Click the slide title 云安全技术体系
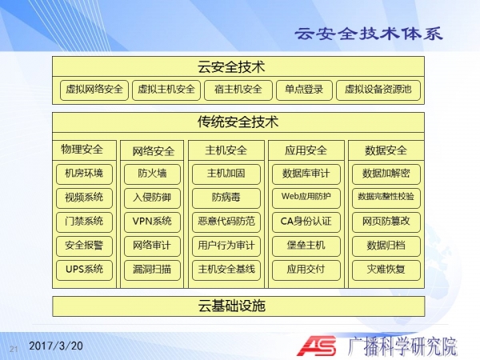click(369, 34)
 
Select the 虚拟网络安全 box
click(94, 90)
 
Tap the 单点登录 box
click(304, 90)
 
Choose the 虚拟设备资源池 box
click(378, 90)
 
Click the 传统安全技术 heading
click(238, 122)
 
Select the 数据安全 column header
click(386, 150)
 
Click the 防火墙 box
click(152, 174)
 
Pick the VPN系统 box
click(152, 222)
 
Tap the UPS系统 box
click(84, 270)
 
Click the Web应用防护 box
click(306, 198)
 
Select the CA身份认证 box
click(306, 222)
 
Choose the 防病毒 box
click(226, 198)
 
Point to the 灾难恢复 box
click(386, 270)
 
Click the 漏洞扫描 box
click(152, 270)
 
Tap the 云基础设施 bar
click(238, 306)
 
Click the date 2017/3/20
click(56, 346)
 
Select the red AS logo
click(317, 346)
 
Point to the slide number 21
click(14, 349)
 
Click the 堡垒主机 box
click(306, 246)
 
